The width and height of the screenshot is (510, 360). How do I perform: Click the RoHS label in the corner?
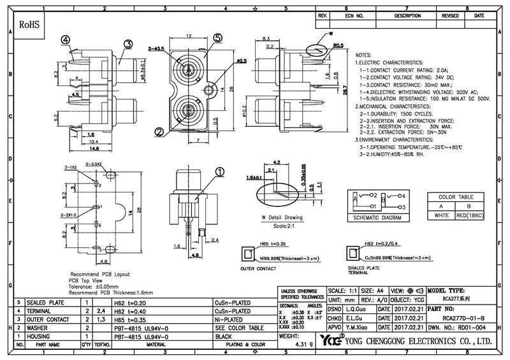(30, 25)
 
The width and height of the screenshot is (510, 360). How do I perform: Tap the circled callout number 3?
(127, 44)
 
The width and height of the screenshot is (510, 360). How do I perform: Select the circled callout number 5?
(218, 38)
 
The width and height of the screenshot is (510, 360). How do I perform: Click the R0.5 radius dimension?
(338, 45)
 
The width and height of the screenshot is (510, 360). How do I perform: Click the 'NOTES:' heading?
(367, 56)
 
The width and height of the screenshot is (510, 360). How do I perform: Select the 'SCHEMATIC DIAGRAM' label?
(378, 218)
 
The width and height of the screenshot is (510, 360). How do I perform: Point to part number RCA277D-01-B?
(450, 317)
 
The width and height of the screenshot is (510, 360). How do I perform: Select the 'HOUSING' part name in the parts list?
(38, 336)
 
